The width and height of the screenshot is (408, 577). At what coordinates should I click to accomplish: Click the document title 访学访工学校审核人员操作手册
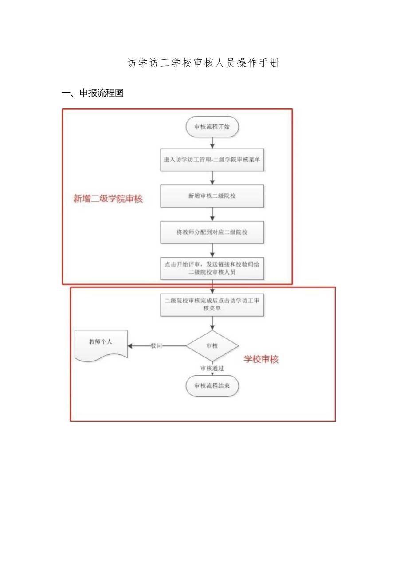204,63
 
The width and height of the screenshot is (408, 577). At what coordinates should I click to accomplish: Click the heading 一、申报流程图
92,93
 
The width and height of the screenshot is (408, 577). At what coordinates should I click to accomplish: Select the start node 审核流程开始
212,127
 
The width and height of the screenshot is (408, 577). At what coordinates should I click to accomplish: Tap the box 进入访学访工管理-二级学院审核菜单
212,160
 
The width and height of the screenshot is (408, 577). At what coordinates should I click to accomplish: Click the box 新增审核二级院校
212,196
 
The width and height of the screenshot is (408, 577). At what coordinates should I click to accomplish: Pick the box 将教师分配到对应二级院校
212,232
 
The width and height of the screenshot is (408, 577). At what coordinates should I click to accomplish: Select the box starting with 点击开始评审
212,268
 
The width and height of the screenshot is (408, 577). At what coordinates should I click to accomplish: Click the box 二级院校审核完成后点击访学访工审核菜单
212,304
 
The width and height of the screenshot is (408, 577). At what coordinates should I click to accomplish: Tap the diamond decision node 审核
212,346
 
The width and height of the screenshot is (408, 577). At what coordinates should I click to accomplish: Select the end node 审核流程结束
212,386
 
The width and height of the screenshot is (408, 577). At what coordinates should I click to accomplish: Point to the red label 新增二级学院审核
108,199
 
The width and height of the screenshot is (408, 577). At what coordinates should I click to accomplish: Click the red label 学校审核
261,360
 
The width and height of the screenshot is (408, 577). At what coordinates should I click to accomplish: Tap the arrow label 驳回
156,346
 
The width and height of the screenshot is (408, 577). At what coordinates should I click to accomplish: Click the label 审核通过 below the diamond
212,368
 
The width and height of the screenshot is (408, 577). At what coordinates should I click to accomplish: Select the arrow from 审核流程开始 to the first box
212,143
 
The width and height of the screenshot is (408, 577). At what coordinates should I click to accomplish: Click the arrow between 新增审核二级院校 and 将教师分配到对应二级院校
212,214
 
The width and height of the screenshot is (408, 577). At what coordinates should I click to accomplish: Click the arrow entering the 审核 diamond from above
212,324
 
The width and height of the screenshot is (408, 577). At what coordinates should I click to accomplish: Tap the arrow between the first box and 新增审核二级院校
212,178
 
